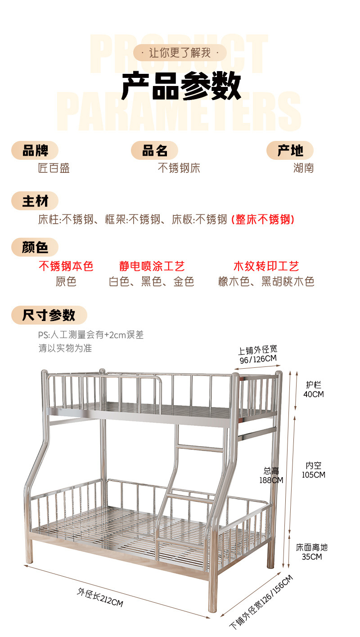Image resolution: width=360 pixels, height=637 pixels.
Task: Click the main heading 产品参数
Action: tap(181, 86)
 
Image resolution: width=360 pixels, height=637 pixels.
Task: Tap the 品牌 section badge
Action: tap(35, 151)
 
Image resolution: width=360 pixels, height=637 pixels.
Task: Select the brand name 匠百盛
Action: tap(54, 168)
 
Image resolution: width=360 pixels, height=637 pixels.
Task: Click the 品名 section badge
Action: tap(154, 151)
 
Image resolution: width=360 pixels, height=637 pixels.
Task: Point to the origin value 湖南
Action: tap(303, 168)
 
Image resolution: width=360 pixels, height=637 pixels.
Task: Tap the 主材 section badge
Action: tap(35, 201)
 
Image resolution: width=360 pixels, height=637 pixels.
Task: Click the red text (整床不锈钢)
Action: tap(263, 220)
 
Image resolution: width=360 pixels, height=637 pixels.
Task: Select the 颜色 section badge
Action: tap(35, 247)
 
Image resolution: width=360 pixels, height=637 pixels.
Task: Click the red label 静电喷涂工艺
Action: tap(152, 267)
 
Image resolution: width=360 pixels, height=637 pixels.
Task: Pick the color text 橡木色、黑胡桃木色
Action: tap(266, 282)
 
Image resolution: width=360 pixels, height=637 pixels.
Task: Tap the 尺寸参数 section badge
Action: tap(49, 315)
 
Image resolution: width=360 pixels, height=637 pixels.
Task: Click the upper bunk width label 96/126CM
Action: tap(257, 359)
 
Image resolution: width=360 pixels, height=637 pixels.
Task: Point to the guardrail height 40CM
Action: tap(314, 394)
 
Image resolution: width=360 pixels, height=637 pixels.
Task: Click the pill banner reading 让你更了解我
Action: tap(180, 53)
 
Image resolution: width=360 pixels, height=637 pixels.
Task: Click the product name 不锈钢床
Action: tap(179, 168)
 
